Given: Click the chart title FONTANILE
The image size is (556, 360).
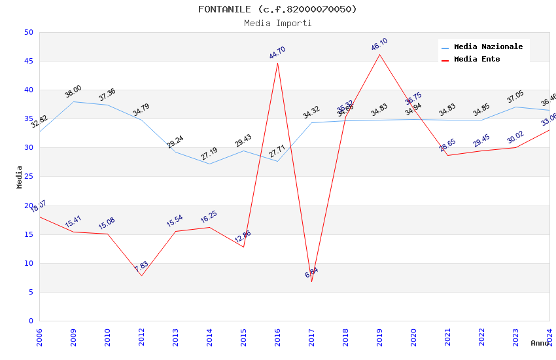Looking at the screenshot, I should tap(278, 9).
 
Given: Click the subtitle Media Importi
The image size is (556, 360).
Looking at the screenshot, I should tap(278, 24).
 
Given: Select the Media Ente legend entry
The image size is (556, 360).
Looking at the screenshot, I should tap(477, 60).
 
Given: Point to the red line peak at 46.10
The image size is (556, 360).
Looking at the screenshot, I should tap(379, 54).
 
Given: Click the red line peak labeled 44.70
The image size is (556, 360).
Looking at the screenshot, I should tap(277, 63).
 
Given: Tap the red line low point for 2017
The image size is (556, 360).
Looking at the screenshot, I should tap(311, 281).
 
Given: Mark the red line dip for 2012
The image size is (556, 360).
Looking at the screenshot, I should tap(141, 276).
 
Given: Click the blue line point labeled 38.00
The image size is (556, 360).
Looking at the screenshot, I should tap(73, 101).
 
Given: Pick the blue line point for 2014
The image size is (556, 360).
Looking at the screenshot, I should tap(209, 164).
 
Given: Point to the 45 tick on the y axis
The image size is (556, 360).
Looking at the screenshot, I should tap(28, 62).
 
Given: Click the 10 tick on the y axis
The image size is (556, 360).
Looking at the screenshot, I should tap(28, 264).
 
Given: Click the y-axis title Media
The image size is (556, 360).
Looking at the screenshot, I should tap(20, 177).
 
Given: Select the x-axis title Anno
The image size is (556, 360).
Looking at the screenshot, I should tap(540, 343).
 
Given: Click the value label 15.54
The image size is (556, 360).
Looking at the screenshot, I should tap(175, 221).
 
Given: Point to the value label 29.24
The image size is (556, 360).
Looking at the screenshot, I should tap(175, 142).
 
